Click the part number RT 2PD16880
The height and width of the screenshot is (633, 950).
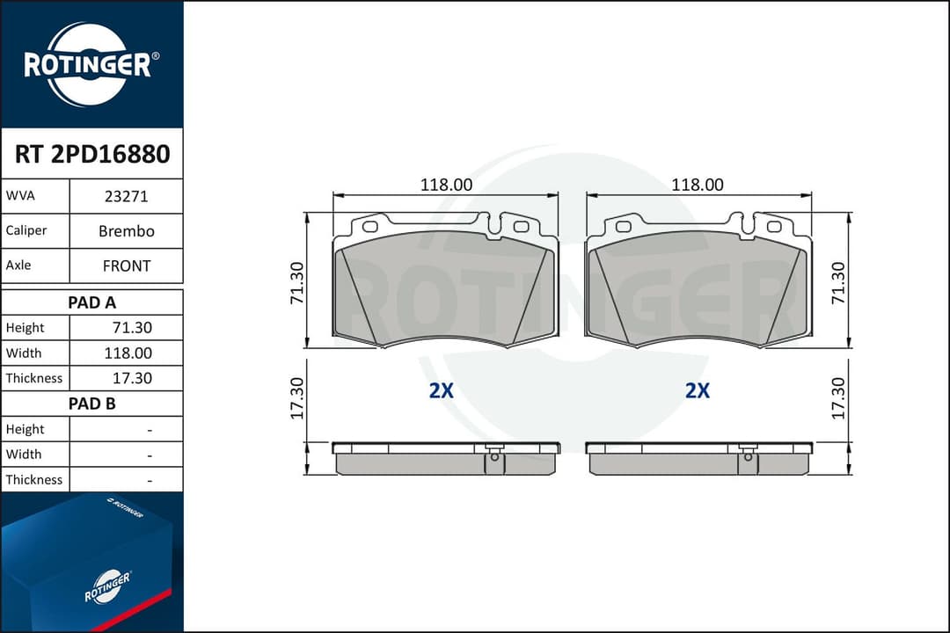92,154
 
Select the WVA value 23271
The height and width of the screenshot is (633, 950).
126,196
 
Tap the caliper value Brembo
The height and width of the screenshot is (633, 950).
126,231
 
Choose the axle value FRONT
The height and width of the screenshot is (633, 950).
126,266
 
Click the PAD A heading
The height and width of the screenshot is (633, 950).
91,302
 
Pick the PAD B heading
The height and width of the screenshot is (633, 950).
91,404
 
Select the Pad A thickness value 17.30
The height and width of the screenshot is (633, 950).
132,378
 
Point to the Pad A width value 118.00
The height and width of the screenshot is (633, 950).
128,353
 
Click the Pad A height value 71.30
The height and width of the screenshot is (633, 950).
132,328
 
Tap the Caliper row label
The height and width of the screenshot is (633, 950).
26,230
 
